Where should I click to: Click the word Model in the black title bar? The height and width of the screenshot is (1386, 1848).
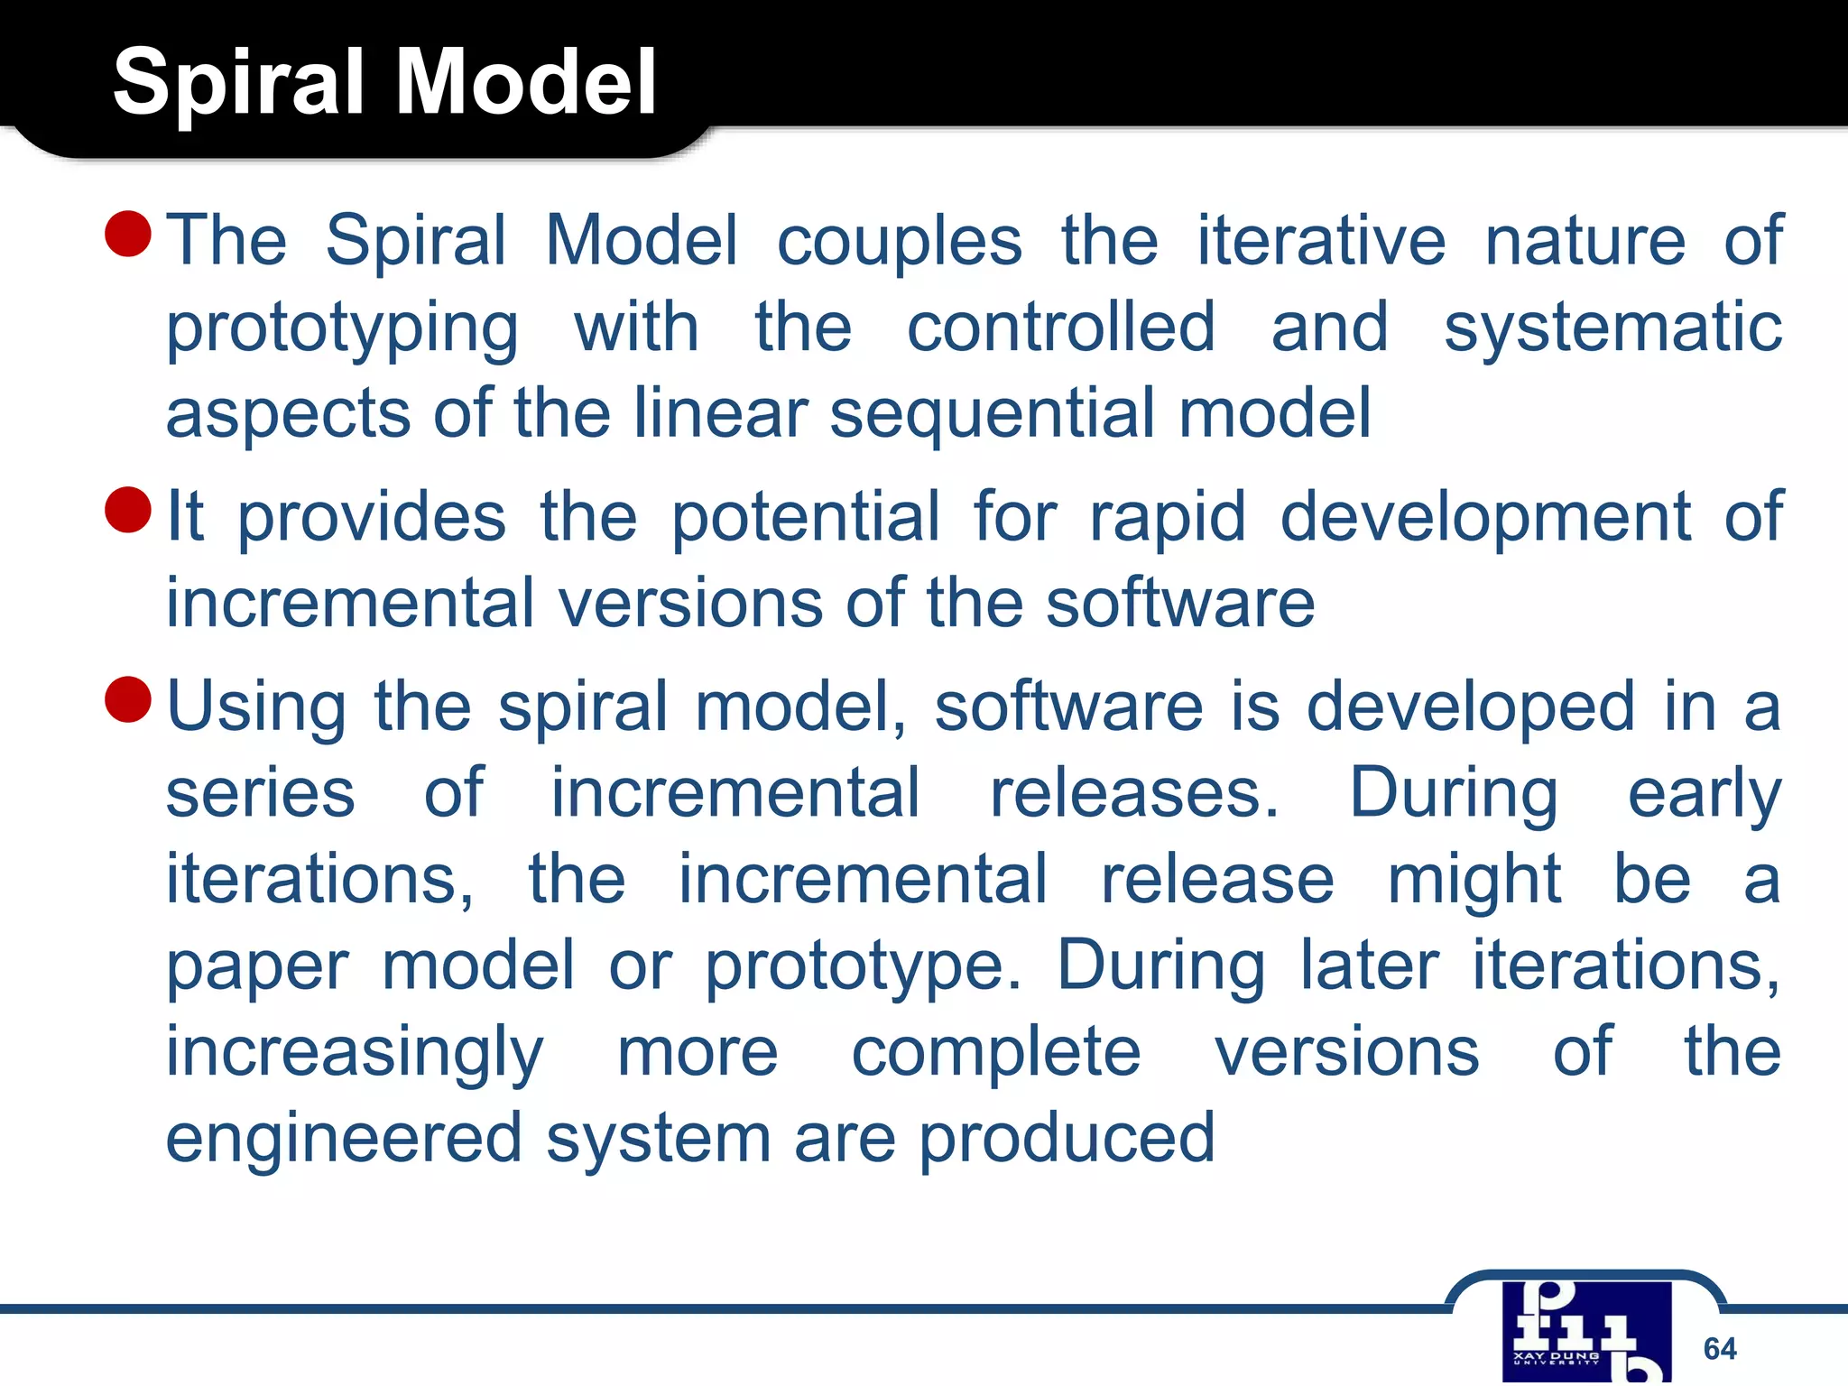(526, 83)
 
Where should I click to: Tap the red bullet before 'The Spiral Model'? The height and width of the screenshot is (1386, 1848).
(127, 234)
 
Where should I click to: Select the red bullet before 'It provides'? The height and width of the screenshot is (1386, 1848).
(127, 510)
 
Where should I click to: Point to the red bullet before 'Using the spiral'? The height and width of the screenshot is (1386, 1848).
(127, 699)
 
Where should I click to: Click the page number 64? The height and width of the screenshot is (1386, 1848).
(1719, 1348)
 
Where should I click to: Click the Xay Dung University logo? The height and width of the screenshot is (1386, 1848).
(1585, 1332)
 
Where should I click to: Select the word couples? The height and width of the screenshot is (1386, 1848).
(900, 241)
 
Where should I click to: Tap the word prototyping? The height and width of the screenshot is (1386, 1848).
(342, 329)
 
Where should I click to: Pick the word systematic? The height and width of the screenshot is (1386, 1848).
(1612, 329)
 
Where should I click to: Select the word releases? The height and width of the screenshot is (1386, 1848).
(1133, 794)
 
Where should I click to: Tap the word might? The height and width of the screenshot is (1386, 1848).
(1474, 880)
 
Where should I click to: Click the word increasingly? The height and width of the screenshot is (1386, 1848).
(355, 1054)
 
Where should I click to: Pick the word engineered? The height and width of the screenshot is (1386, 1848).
(344, 1139)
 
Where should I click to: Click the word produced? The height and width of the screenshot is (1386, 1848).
(1067, 1139)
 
